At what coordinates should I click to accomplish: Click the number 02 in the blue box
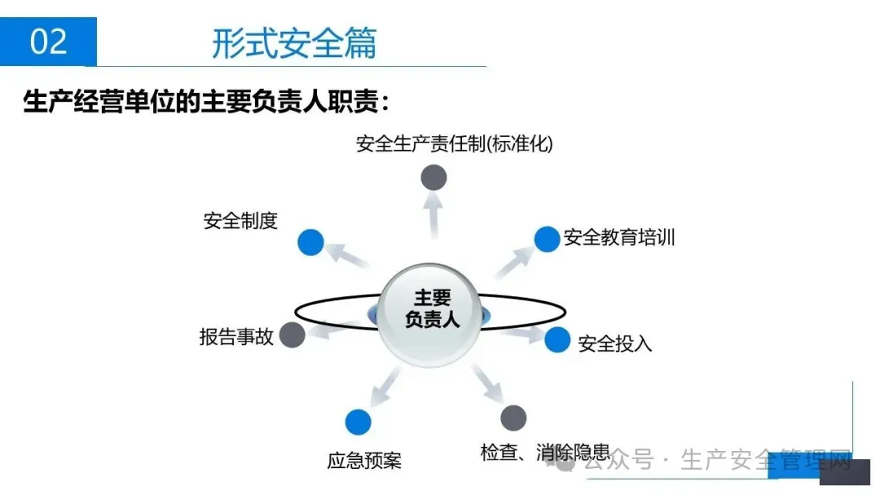coord(48,42)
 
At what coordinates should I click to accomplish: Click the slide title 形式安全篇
coord(294,43)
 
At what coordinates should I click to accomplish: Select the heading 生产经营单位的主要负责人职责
coord(207,104)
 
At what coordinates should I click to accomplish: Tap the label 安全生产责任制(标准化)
coord(454,145)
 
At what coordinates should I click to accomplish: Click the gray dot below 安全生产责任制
coord(433,177)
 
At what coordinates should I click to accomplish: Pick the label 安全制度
coord(240,221)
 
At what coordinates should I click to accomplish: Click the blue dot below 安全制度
coord(310,243)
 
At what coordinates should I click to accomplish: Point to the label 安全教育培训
coord(619,239)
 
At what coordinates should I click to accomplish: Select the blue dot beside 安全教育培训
coord(547,239)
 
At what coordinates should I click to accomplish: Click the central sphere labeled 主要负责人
coord(432,309)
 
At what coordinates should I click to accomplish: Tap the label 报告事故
coord(236,336)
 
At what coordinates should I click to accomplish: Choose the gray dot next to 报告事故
coord(292,334)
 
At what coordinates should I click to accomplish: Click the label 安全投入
coord(615,344)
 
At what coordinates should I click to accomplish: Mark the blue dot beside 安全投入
coord(557,339)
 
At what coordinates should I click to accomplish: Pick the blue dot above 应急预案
coord(358,422)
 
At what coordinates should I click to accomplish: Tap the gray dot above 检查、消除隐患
coord(513,418)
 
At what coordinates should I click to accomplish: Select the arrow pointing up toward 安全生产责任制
coord(433,215)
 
